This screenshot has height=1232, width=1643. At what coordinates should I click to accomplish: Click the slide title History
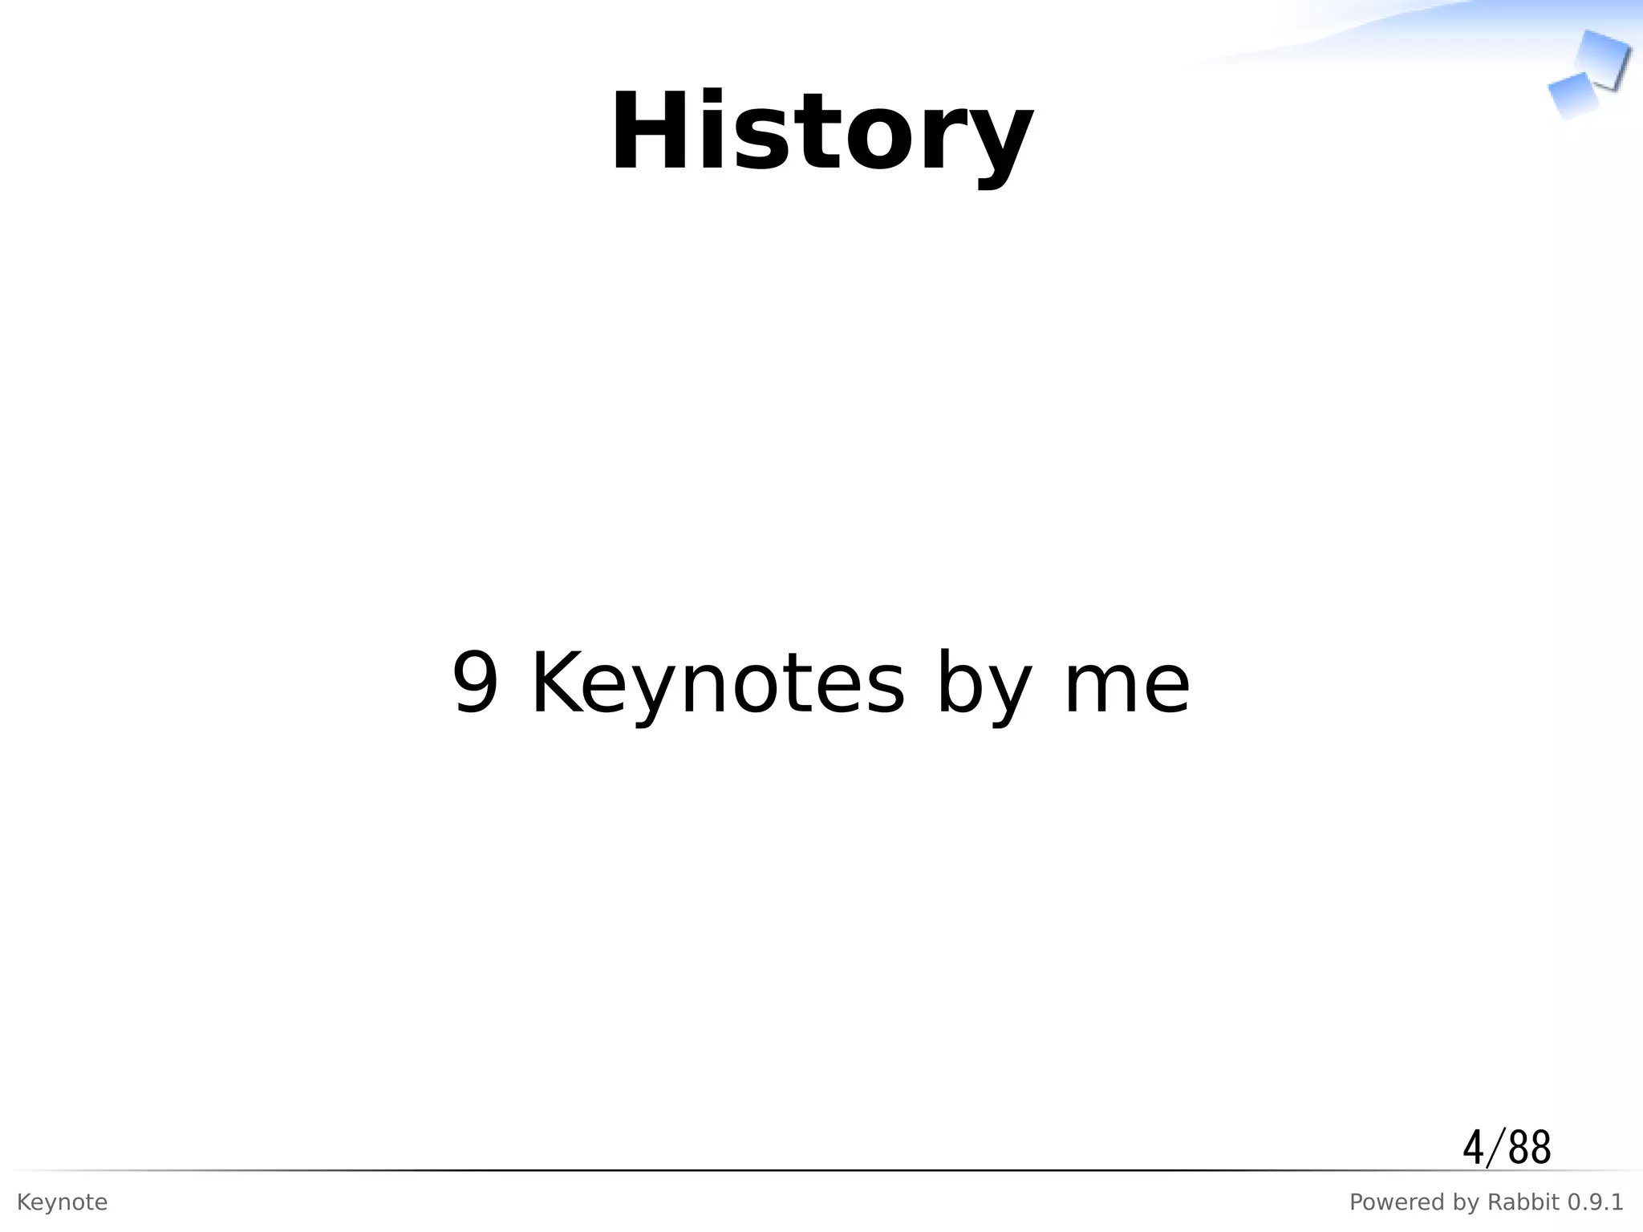(821, 133)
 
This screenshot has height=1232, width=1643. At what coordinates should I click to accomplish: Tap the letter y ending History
(998, 144)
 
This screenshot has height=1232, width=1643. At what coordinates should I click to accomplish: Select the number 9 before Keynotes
(476, 683)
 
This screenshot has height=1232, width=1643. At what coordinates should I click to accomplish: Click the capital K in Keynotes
(558, 683)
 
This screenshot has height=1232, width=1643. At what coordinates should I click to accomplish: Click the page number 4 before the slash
(1473, 1148)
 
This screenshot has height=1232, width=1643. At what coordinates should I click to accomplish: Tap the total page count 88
(1530, 1148)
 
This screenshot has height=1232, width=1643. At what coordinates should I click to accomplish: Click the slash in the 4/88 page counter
(1495, 1148)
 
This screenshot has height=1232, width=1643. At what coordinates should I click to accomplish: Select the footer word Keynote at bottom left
(62, 1203)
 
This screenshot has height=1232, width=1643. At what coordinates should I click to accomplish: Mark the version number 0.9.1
(1592, 1202)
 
